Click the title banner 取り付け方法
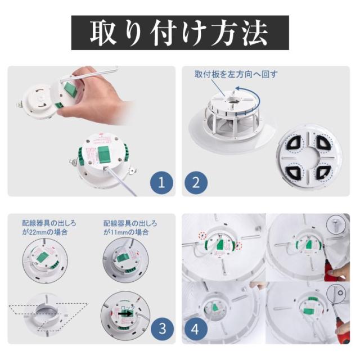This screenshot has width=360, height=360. pos(180,33)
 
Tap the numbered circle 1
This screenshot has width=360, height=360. pos(161,183)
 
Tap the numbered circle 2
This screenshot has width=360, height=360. pos(196,183)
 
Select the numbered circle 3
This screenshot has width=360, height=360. pos(162,328)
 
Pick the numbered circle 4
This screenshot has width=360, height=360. pos(195,329)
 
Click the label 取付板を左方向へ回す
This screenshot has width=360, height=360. pos(236,74)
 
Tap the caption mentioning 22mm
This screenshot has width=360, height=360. pos(49,227)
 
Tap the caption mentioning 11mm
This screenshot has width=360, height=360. pos(130,227)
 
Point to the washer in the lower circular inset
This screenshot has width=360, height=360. pos(340,293)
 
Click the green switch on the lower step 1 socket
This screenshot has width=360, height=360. pos(105,154)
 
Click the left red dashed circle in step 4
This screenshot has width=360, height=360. pos(202,235)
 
